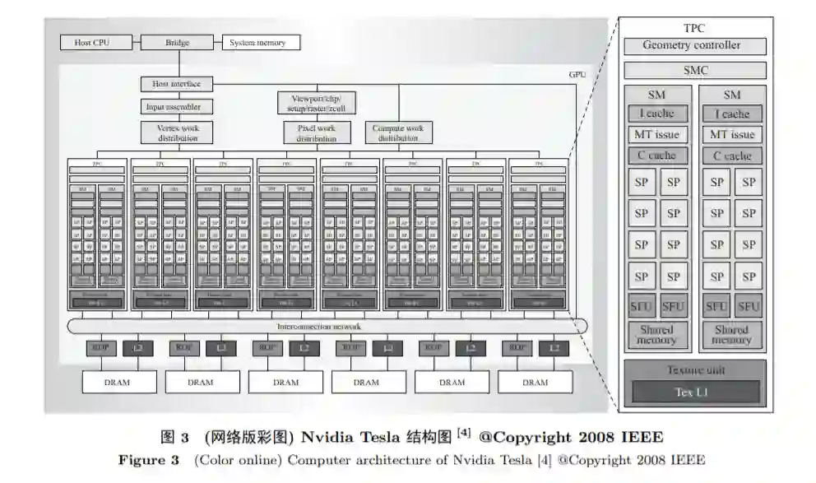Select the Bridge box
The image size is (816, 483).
(x=176, y=42)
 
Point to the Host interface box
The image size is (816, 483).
(x=171, y=84)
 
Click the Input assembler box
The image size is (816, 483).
(x=172, y=106)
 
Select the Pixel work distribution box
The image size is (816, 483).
(x=317, y=132)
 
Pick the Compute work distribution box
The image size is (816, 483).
(x=398, y=132)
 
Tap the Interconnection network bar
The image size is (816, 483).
(x=327, y=327)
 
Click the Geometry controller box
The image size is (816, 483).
(x=694, y=46)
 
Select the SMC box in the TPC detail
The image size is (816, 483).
(x=694, y=71)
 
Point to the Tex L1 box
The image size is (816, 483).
(x=695, y=392)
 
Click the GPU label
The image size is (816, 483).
(x=577, y=74)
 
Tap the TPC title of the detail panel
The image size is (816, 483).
(x=694, y=29)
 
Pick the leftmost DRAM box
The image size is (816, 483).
(x=119, y=382)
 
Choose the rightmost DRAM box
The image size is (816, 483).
(x=535, y=382)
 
